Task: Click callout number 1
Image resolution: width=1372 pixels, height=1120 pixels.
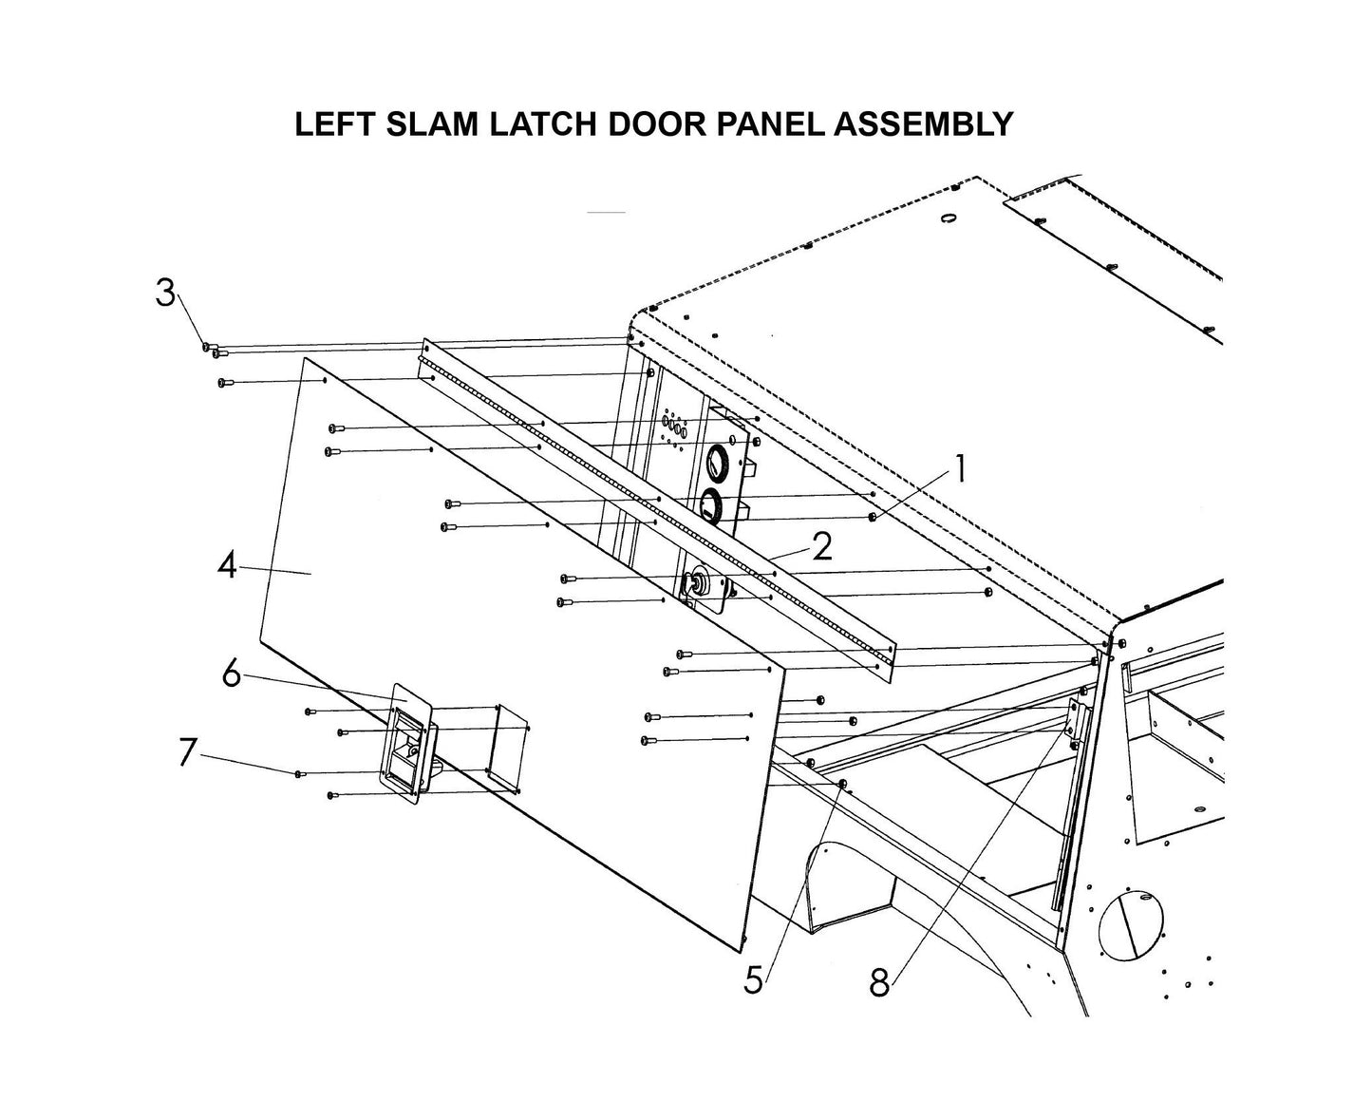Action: coord(960,468)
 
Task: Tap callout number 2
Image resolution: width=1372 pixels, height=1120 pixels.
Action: coord(821,546)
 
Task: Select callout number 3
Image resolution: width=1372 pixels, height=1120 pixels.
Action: coord(166,294)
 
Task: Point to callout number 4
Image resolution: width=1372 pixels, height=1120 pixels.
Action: coord(226,566)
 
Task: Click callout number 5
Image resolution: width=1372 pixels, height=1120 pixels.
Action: coord(753,979)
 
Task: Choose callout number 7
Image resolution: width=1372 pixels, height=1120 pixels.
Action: coord(187,751)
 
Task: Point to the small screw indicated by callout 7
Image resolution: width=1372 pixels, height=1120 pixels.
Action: coord(300,774)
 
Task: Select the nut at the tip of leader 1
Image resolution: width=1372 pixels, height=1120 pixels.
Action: coord(872,517)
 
